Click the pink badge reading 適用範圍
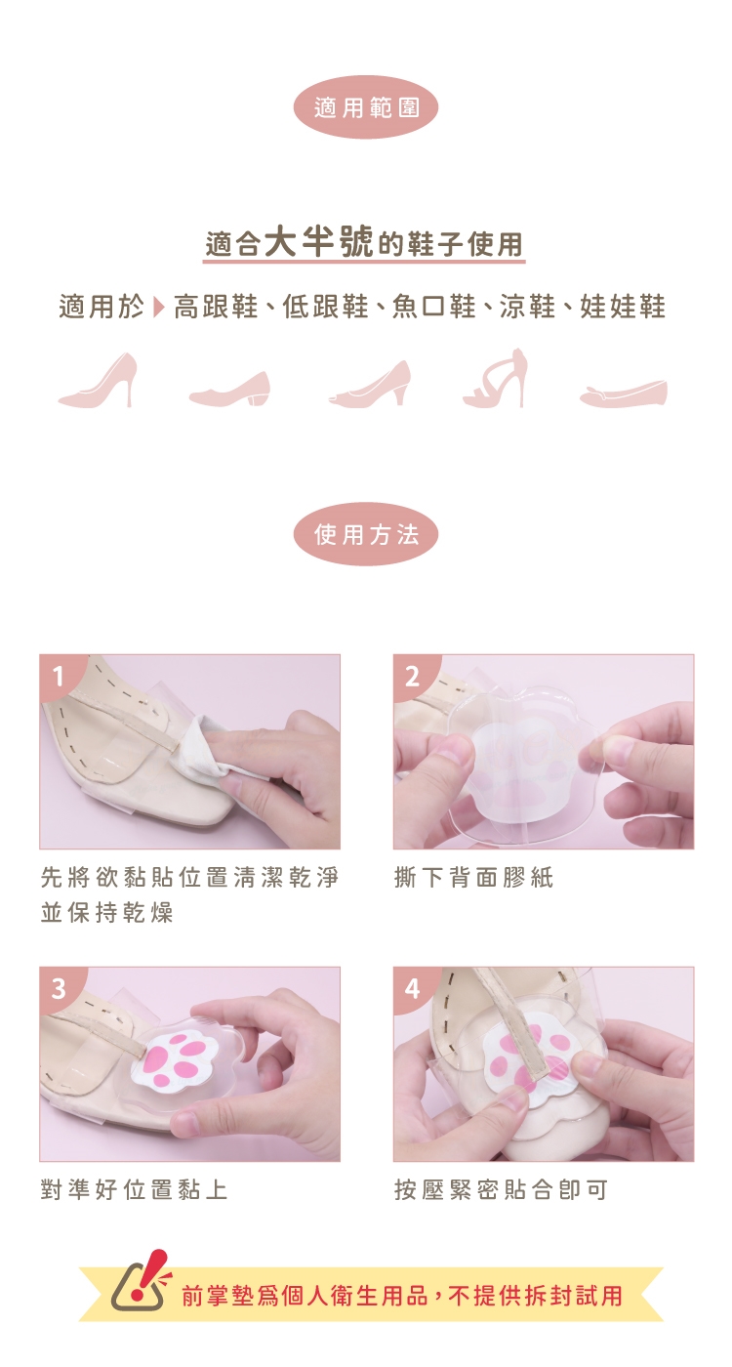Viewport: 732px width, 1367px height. (x=366, y=108)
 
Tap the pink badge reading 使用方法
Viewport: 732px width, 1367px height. (x=366, y=535)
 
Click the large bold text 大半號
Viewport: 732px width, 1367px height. (x=323, y=241)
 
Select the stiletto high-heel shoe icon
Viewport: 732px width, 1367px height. (x=99, y=380)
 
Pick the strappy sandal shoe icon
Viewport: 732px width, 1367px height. (x=494, y=378)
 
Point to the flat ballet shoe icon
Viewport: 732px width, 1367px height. (x=623, y=394)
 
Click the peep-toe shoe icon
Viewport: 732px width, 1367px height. (x=369, y=383)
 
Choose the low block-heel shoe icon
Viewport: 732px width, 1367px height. (x=230, y=389)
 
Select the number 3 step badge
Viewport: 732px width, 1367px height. (x=59, y=988)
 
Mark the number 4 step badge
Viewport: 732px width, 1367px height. (x=412, y=988)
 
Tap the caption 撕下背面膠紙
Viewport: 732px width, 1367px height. (x=474, y=878)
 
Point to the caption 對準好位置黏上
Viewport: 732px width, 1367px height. (x=134, y=1189)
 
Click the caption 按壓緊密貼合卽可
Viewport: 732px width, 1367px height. (x=501, y=1189)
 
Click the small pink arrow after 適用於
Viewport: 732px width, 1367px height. (x=158, y=307)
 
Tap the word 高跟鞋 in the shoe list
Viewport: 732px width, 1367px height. (x=216, y=307)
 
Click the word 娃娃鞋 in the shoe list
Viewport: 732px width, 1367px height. (x=623, y=307)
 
